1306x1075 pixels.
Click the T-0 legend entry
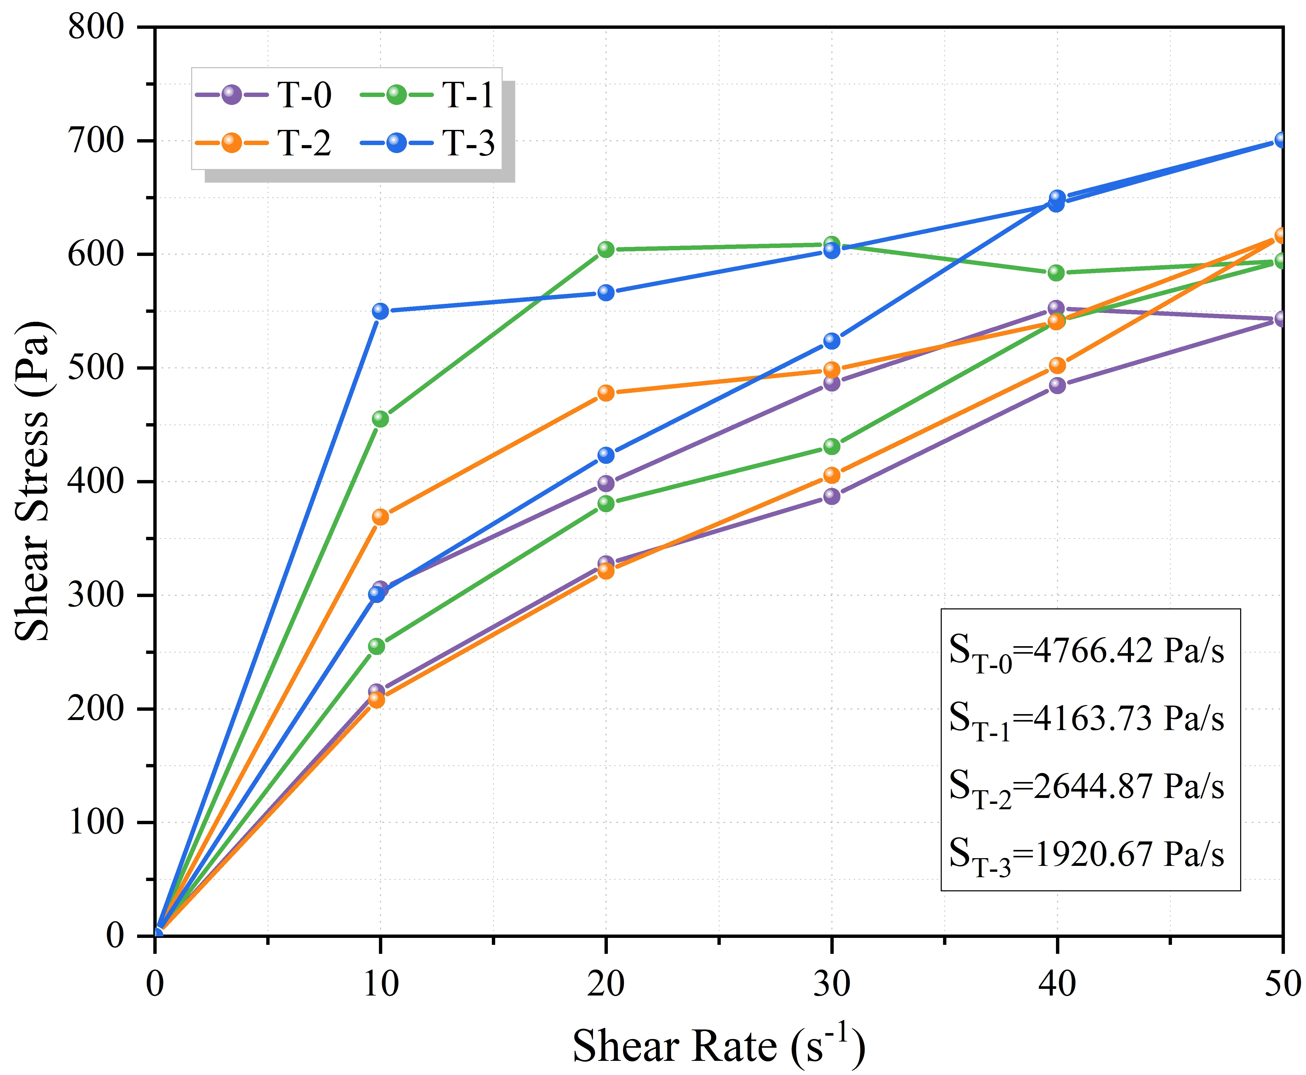click(263, 95)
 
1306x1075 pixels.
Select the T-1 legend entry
click(427, 95)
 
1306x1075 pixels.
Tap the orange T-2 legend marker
click(231, 143)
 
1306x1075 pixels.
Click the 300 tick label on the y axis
click(96, 595)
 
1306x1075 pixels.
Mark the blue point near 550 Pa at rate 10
click(380, 310)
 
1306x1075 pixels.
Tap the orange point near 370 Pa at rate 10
click(380, 517)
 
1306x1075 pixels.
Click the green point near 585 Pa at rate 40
click(1056, 272)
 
